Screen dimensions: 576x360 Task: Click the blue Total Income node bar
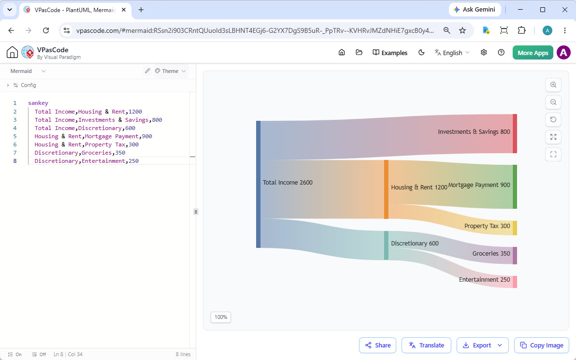(x=258, y=185)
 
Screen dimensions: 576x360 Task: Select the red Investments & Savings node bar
(x=515, y=134)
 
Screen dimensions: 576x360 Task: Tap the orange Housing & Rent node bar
(x=386, y=189)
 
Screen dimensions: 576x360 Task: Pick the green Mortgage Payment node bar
(x=515, y=187)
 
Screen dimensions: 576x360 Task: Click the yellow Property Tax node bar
(x=515, y=228)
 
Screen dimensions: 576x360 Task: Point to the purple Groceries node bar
(x=515, y=256)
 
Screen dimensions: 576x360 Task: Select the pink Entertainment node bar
(x=515, y=282)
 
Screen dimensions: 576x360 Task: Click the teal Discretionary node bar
(x=386, y=246)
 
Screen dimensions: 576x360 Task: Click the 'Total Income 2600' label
(x=288, y=183)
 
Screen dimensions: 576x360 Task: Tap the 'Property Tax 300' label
(x=487, y=226)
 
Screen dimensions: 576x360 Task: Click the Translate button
(x=426, y=346)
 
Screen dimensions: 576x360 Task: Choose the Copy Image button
(x=542, y=346)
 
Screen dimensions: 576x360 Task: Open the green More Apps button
(x=533, y=53)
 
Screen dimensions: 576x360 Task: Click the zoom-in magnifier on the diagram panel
(x=553, y=85)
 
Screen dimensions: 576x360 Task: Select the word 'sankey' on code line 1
(x=38, y=103)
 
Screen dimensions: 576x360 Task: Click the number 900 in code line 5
(x=147, y=136)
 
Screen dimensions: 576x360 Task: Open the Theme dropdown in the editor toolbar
(x=171, y=71)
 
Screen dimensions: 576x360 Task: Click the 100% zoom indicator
(x=221, y=317)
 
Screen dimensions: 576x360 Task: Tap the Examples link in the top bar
(x=390, y=53)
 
